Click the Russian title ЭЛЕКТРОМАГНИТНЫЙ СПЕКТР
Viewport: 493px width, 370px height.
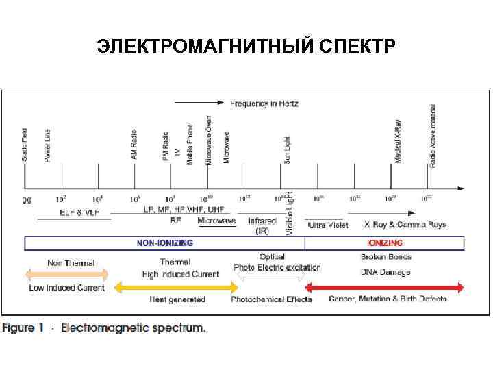click(246, 47)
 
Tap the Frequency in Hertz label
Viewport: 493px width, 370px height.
click(264, 103)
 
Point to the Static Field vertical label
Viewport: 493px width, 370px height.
click(25, 145)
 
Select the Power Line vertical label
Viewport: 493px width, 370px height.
click(47, 145)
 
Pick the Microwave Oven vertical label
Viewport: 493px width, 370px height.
click(209, 140)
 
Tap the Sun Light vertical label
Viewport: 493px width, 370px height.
click(287, 149)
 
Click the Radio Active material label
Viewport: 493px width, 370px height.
click(432, 136)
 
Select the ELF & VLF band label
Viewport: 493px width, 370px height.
click(79, 212)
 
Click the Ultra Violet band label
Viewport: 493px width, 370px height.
click(329, 225)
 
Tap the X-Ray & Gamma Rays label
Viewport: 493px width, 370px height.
click(405, 224)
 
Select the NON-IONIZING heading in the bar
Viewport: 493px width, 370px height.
click(164, 243)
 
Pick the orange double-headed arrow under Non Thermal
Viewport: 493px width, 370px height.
click(66, 275)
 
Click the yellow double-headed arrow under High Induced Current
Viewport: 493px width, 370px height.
click(176, 287)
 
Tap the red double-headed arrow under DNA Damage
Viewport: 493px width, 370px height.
click(384, 286)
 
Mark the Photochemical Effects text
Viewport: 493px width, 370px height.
click(271, 299)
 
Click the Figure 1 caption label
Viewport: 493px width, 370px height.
click(23, 328)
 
